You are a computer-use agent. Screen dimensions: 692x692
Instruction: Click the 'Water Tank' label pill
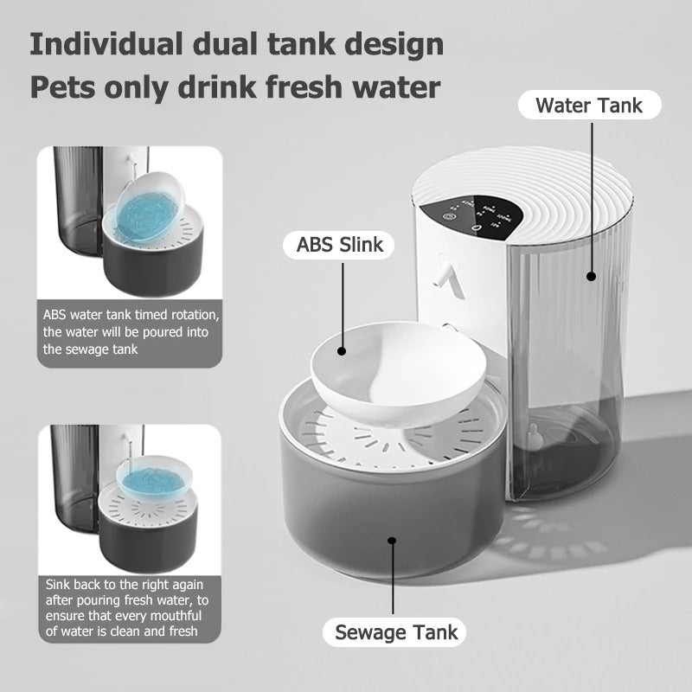point(589,106)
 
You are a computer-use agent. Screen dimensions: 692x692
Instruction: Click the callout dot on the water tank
point(592,277)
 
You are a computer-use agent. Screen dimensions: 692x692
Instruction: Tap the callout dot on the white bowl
point(342,351)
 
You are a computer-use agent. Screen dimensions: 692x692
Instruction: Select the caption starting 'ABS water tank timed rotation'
point(130,332)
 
